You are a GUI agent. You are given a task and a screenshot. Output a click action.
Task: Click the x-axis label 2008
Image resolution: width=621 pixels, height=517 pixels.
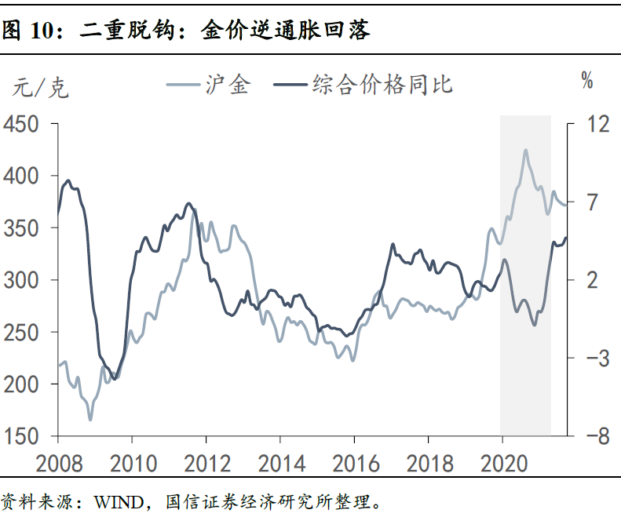tap(58, 461)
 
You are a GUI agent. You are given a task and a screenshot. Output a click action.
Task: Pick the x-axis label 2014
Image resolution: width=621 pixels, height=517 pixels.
tap(280, 461)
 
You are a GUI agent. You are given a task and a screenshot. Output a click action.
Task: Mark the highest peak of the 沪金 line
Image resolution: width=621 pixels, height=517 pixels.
tap(525, 150)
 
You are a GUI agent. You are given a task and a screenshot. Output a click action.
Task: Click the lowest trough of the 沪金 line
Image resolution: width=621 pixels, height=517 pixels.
tap(89, 419)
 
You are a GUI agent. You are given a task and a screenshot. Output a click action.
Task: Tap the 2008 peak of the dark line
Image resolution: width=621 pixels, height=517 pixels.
tap(68, 180)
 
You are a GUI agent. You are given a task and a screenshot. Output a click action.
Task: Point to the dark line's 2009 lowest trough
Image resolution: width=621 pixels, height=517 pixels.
tap(115, 379)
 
